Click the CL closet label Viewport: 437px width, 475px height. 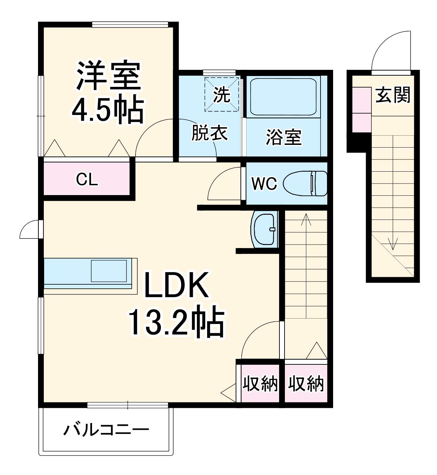click(87, 179)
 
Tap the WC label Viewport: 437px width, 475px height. click(264, 184)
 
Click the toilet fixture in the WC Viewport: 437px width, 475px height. click(305, 184)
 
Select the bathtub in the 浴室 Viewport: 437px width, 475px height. click(283, 97)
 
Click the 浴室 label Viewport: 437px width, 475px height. click(284, 137)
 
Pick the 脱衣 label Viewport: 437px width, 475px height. click(210, 133)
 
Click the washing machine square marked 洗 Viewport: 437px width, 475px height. click(222, 95)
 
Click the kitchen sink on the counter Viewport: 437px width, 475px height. click(109, 270)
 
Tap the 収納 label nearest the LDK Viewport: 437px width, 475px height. click(260, 384)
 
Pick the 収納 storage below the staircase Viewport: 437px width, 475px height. click(306, 384)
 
